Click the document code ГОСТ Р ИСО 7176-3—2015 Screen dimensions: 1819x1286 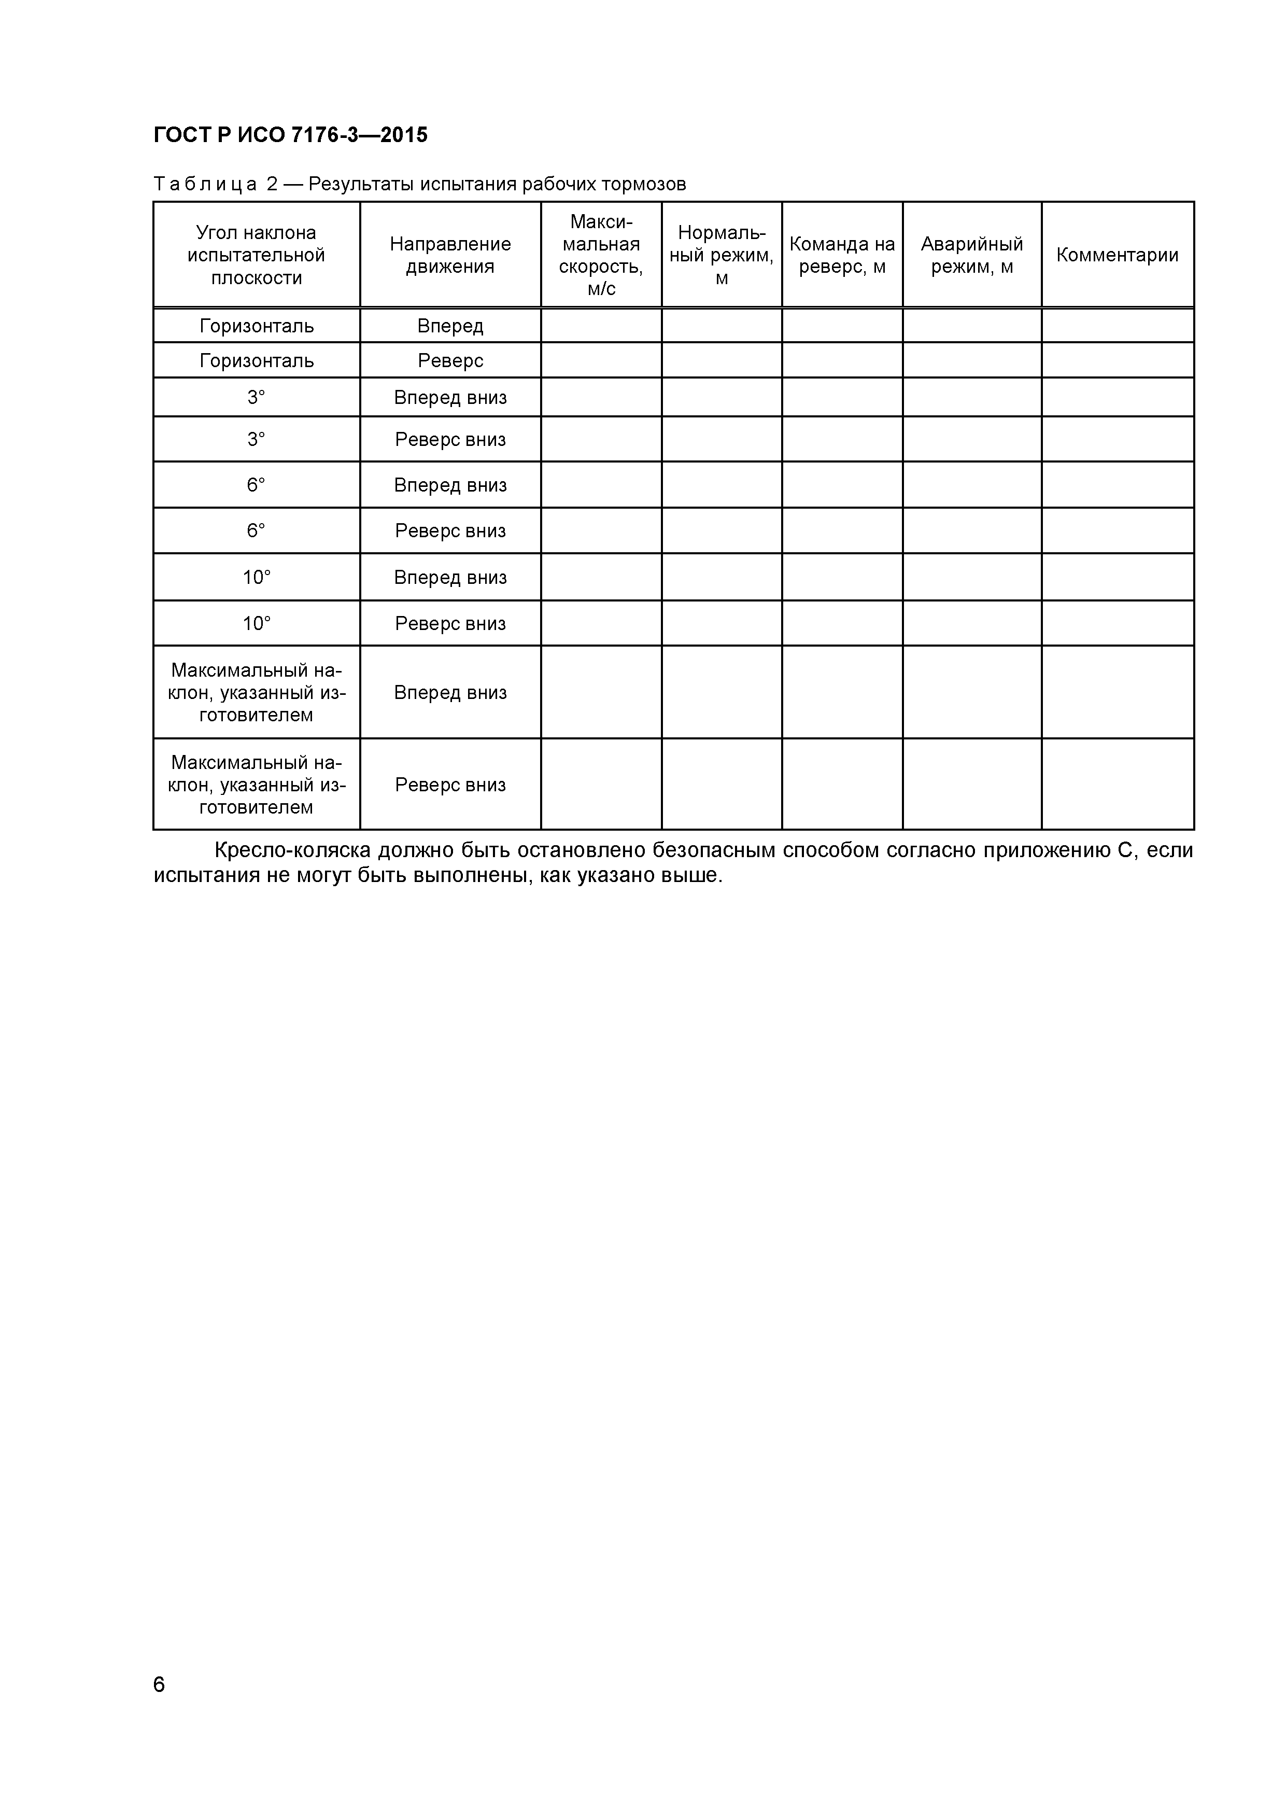pyautogui.click(x=290, y=135)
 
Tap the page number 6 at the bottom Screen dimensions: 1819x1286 pyautogui.click(x=159, y=1706)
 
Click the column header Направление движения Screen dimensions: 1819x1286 pyautogui.click(x=450, y=255)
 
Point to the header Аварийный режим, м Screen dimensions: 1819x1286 pyautogui.click(x=971, y=255)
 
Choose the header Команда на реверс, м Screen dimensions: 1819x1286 pyautogui.click(x=842, y=255)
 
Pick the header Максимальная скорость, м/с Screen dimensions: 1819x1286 pyautogui.click(x=601, y=255)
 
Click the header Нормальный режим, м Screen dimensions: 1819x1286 pyautogui.click(x=722, y=255)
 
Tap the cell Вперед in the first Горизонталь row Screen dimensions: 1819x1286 pyautogui.click(x=450, y=326)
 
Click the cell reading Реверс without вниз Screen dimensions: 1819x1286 pyautogui.click(x=450, y=360)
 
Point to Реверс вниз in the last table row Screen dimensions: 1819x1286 pyautogui.click(x=450, y=785)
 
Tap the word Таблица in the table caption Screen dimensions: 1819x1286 pyautogui.click(x=205, y=185)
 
